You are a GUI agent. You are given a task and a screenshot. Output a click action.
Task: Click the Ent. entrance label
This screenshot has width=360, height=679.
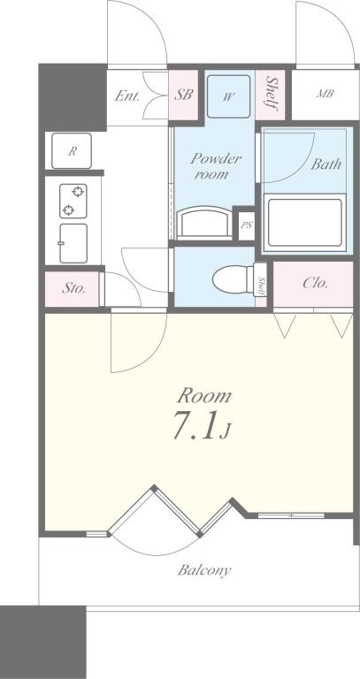[127, 95]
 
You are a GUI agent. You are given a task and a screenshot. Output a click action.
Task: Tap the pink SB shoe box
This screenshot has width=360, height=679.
[183, 95]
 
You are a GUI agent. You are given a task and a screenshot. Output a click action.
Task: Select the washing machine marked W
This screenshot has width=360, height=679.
[228, 96]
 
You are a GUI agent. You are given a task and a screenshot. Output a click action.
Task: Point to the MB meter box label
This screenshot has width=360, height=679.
[326, 94]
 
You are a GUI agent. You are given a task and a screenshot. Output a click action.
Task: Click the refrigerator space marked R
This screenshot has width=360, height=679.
[72, 150]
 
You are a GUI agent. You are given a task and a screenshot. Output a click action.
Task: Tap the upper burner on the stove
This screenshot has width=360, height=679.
[78, 191]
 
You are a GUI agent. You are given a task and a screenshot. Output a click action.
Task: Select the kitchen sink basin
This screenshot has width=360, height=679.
[73, 243]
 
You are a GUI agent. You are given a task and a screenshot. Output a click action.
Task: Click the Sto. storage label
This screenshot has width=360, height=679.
[73, 289]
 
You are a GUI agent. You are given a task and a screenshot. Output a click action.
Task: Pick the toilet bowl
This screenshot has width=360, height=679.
[233, 279]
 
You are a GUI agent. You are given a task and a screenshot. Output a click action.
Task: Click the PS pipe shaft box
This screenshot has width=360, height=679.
[247, 225]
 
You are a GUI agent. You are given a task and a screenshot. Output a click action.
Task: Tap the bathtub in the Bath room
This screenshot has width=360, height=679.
[305, 222]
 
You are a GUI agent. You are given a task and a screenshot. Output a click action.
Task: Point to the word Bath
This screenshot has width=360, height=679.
[326, 164]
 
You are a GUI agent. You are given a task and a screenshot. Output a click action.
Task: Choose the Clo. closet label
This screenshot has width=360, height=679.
[315, 283]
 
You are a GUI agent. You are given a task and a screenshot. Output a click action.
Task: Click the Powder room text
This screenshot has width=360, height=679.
[216, 166]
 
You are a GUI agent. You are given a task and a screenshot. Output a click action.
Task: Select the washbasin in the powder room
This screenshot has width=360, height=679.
[204, 223]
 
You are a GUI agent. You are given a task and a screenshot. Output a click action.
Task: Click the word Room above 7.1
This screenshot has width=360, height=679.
[205, 396]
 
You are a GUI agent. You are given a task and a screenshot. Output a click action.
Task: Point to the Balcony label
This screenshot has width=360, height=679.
[204, 570]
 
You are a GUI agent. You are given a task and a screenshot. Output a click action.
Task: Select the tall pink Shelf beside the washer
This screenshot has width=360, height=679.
[271, 95]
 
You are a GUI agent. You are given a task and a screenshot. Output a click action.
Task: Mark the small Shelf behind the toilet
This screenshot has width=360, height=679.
[261, 286]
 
